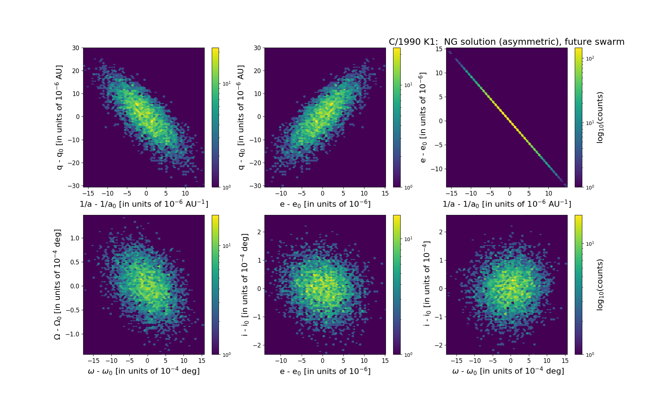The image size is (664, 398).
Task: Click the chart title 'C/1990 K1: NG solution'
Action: pos(506,42)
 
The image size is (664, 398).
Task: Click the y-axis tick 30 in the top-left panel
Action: pos(75,48)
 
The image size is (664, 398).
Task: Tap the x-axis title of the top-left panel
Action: pos(144,204)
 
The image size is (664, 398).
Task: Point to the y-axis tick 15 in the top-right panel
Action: pos(439,49)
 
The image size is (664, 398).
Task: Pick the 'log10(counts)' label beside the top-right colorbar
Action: pos(600,118)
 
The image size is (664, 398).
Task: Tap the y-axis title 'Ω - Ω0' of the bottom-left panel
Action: pos(58,284)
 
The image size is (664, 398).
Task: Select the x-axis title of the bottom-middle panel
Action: pos(325,371)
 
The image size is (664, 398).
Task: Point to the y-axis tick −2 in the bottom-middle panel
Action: pos(258,345)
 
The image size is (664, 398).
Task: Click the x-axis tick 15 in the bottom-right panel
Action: pos(564,360)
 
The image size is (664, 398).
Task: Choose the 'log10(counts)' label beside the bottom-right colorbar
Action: pos(600,285)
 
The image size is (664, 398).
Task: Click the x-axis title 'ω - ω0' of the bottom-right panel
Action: pos(508,371)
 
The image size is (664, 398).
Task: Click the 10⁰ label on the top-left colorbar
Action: pos(226,187)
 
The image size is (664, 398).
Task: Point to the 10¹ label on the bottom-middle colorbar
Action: pos(408,239)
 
